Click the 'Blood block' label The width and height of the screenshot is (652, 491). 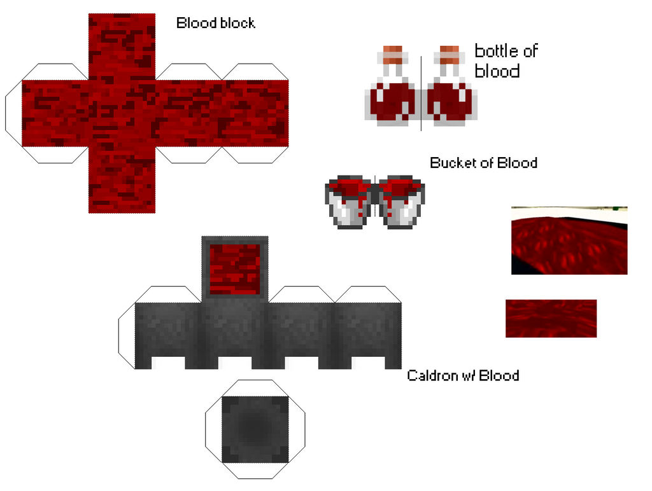click(x=215, y=23)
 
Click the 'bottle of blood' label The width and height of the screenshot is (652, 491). click(x=506, y=61)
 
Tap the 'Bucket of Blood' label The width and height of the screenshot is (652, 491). click(x=483, y=163)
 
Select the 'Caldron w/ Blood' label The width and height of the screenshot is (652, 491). click(x=463, y=375)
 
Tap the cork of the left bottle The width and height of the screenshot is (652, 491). click(x=392, y=55)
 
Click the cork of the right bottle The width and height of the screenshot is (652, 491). click(x=449, y=55)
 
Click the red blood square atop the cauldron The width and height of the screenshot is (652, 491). click(x=235, y=270)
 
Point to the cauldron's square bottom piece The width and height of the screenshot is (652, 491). click(x=255, y=429)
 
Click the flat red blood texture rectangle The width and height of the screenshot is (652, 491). click(x=551, y=318)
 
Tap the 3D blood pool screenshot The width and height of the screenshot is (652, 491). click(x=569, y=240)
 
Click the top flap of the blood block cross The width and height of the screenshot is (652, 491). click(x=122, y=46)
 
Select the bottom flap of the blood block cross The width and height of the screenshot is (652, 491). click(x=122, y=180)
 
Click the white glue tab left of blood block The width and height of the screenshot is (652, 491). click(x=13, y=113)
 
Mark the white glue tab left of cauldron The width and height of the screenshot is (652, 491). click(x=127, y=336)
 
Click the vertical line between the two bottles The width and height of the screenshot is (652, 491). click(x=421, y=93)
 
